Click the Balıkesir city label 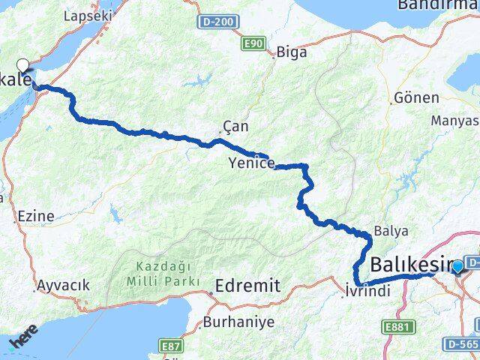pos(412,265)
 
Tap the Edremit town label pos(247,285)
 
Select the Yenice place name pos(252,163)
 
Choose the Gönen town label pos(409,100)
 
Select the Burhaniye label pos(238,322)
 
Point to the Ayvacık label pos(64,285)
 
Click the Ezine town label pos(34,216)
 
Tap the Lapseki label pos(88,15)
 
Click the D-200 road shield pos(217,23)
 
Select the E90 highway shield pos(253,45)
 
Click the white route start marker pos(23,65)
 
